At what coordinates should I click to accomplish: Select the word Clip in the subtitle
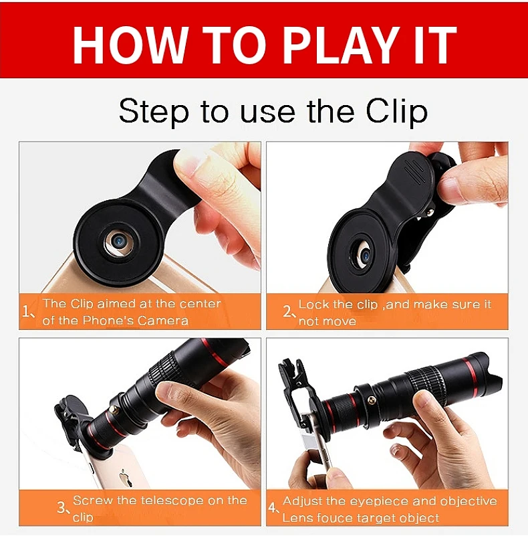click(396, 112)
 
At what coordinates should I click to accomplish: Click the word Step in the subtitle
click(154, 112)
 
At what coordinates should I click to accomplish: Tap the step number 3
click(62, 508)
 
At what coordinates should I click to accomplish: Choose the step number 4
click(273, 508)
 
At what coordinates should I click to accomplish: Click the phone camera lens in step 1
click(120, 241)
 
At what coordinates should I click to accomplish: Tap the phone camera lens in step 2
click(366, 256)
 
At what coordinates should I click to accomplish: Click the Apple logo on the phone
click(126, 478)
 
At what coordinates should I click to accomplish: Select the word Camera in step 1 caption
click(163, 321)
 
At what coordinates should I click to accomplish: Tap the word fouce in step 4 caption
click(336, 518)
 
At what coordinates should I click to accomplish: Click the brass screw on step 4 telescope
click(371, 400)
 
